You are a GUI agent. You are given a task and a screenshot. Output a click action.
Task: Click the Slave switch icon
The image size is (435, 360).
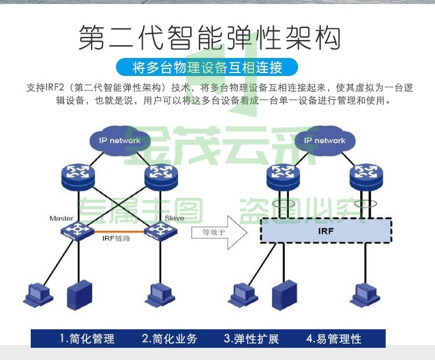coord(161,231)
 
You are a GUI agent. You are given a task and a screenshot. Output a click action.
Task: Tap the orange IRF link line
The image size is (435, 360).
coord(119,231)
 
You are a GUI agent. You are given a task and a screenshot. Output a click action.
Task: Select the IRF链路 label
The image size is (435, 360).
coord(116,238)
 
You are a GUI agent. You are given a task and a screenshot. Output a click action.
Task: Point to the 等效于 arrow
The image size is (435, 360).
coord(219,232)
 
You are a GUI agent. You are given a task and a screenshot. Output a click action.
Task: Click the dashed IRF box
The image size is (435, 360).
coord(326,231)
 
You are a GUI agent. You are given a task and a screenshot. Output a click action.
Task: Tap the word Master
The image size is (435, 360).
coord(61,219)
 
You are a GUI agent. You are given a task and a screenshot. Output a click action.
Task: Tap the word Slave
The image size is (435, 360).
coord(174,219)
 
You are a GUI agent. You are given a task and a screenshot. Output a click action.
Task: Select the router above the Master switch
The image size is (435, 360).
coord(78,177)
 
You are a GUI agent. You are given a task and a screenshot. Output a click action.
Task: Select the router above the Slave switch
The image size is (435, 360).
coord(161,177)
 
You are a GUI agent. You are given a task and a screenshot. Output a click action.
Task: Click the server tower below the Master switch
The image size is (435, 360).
coord(79,295)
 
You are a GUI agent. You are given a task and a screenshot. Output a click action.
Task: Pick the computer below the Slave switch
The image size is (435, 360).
coord(160,295)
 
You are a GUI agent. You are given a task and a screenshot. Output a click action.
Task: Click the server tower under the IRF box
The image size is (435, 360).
coord(284,295)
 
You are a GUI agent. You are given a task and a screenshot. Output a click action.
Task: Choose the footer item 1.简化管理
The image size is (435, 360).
coord(87,339)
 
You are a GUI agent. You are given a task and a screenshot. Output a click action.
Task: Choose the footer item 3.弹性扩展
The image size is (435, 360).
coord(251,339)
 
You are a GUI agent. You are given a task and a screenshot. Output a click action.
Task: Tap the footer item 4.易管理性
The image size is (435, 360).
coord(333,339)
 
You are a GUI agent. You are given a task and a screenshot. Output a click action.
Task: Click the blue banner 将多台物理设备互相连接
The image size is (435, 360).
coord(207,67)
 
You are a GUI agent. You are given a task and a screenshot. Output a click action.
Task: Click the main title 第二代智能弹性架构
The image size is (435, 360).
coord(210,37)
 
